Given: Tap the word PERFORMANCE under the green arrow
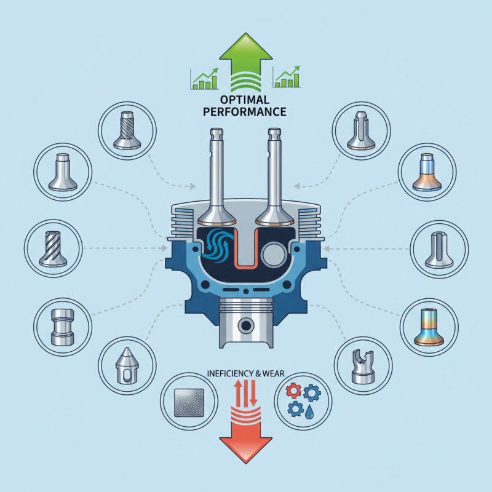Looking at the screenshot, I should (245, 113).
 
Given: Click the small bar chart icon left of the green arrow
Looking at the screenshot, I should (205, 79).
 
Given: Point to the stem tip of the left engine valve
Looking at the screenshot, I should (216, 133).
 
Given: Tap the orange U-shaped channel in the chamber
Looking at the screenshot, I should (246, 252).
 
